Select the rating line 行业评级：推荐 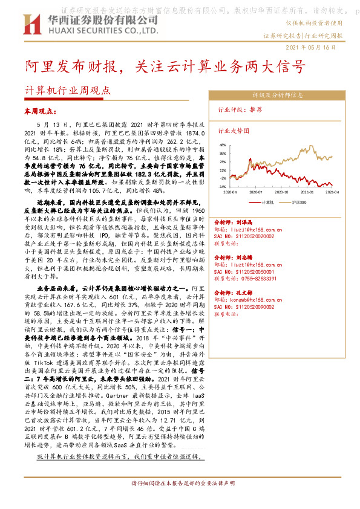[x=240, y=110]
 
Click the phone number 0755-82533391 [x=266, y=279]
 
